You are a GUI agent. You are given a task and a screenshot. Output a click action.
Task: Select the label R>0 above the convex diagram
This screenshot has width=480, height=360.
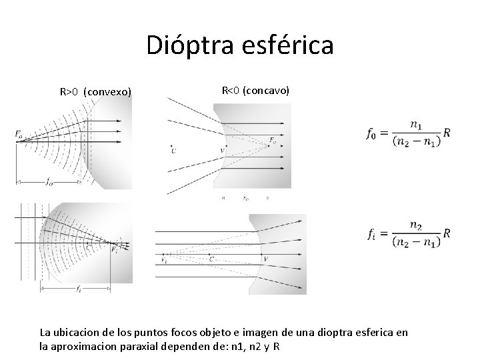point(69,91)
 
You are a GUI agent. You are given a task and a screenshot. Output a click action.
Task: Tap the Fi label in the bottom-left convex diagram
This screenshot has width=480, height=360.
point(115,250)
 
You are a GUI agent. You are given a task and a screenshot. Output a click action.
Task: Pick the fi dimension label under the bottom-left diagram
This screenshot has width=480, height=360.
point(78,289)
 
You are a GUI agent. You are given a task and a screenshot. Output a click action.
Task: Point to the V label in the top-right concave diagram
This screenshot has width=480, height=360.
point(222,151)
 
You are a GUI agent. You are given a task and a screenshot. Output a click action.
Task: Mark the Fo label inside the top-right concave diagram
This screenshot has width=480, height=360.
point(271,140)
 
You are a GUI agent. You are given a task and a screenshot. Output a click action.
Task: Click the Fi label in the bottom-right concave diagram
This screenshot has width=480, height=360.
point(164,261)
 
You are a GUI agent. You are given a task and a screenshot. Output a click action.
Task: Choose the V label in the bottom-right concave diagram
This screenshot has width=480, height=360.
point(266,259)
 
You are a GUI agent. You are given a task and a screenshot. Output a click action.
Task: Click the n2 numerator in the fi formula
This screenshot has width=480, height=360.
point(416,225)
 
